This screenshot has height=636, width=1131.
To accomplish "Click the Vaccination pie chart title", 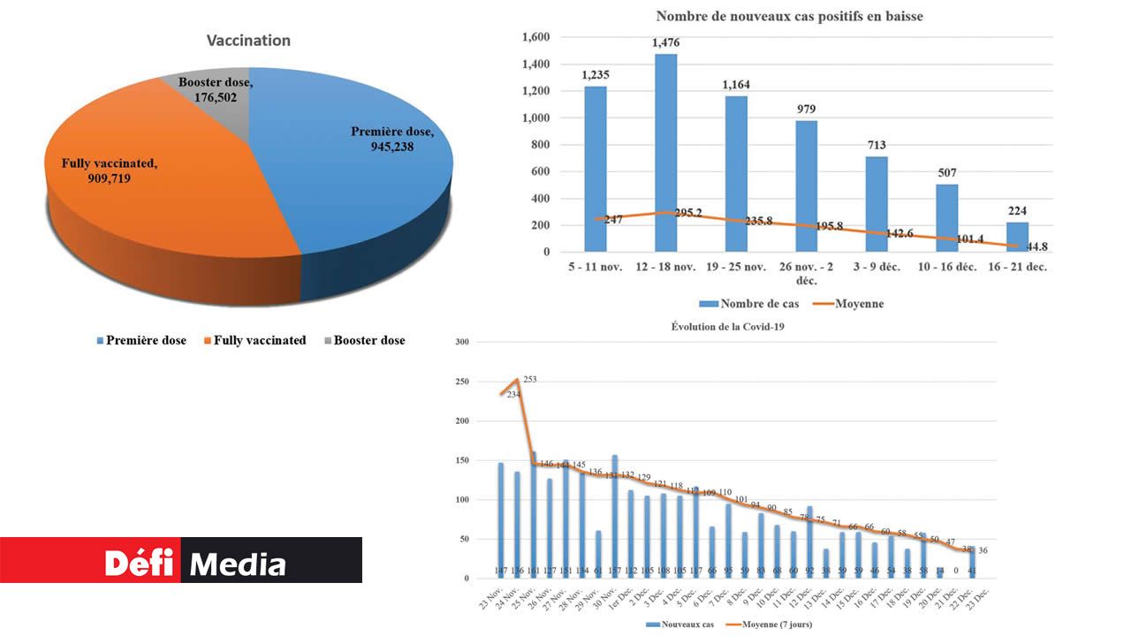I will [x=248, y=41].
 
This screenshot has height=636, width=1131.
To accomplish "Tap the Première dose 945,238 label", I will [x=391, y=140].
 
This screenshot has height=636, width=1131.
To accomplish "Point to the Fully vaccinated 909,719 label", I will [x=109, y=170].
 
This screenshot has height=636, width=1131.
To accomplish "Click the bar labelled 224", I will [x=1017, y=237].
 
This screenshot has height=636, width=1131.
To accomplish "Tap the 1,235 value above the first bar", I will [x=595, y=75].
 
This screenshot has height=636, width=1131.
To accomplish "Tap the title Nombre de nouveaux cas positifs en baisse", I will [x=789, y=16].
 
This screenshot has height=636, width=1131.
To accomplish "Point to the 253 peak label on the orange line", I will [x=529, y=379].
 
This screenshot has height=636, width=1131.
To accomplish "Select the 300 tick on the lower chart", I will [x=462, y=342].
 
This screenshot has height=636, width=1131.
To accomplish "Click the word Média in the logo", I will [x=239, y=564].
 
